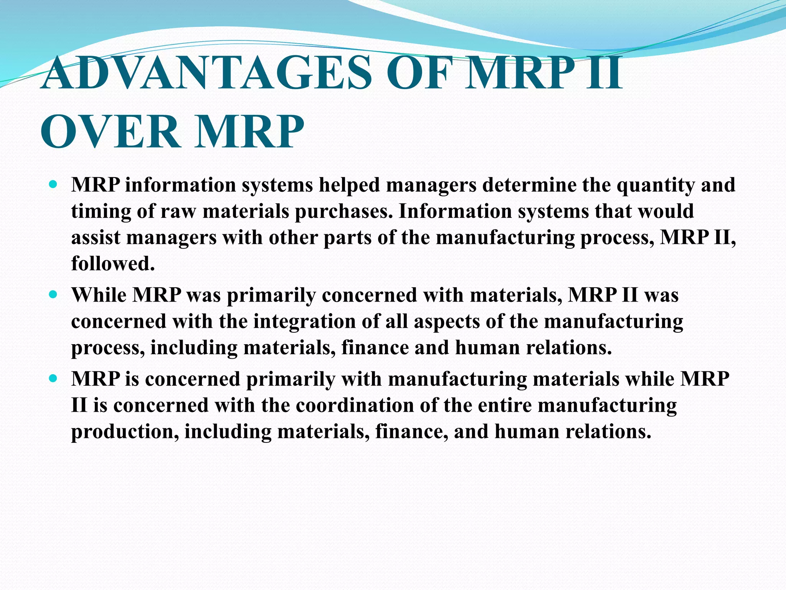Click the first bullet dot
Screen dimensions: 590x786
pos(53,184)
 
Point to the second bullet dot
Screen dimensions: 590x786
pos(53,295)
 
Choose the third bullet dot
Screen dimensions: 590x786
pos(53,378)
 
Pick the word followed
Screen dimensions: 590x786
pos(113,264)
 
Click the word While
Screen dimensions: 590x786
pos(99,295)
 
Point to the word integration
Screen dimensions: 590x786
pos(305,322)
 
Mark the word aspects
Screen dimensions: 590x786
pos(447,322)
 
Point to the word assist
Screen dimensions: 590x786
pos(96,237)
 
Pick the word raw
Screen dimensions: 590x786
pos(178,212)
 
